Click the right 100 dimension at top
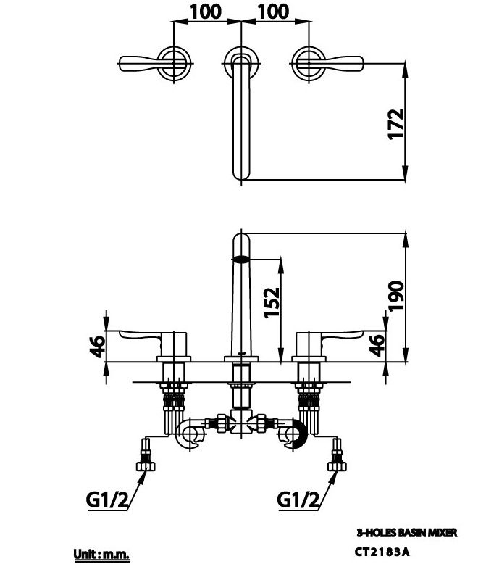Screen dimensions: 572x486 click(x=273, y=12)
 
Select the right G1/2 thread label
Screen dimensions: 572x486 click(x=298, y=500)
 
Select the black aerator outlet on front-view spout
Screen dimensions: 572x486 click(x=241, y=257)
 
